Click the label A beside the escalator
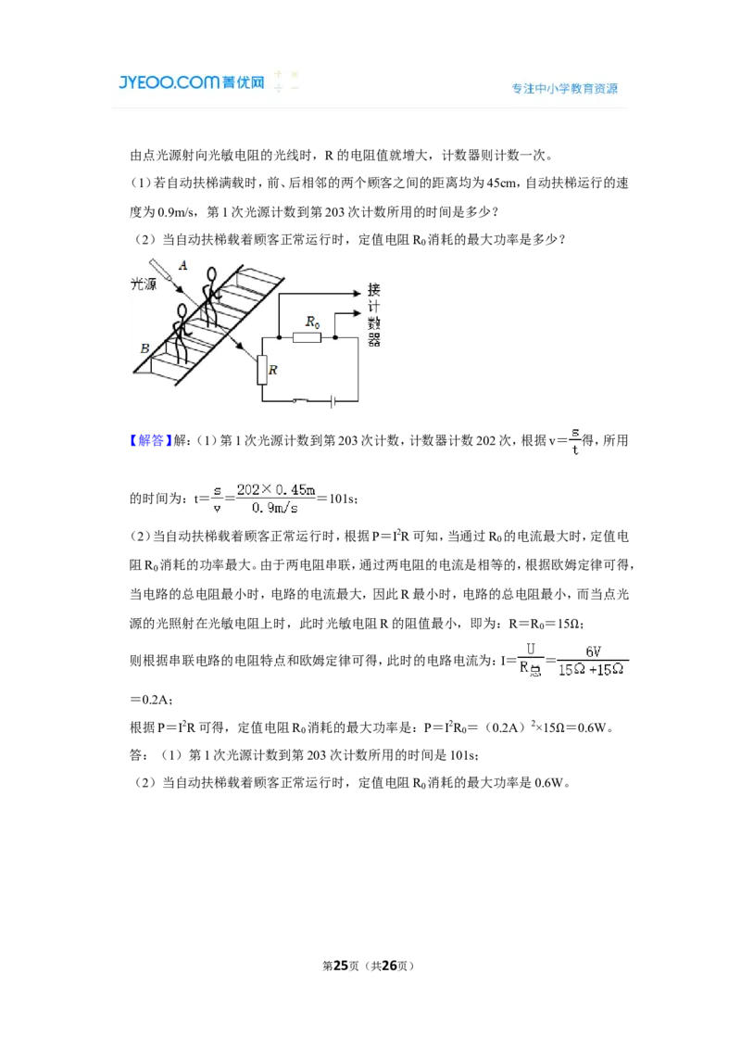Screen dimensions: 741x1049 click(183, 266)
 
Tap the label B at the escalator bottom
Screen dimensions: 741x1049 click(144, 348)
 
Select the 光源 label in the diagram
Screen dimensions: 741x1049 click(144, 284)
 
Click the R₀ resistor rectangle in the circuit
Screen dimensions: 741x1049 click(307, 338)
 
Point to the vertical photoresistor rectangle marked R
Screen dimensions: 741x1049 click(262, 370)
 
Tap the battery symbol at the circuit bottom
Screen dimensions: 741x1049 click(333, 401)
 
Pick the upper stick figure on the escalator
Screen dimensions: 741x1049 click(210, 297)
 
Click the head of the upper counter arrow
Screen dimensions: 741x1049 click(358, 293)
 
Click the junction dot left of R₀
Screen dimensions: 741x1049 click(279, 338)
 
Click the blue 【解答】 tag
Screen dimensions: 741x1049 click(150, 440)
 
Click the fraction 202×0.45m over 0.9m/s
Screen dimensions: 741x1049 click(275, 499)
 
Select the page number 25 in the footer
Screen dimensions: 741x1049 click(341, 966)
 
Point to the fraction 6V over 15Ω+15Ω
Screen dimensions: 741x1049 click(592, 661)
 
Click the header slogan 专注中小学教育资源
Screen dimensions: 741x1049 click(564, 88)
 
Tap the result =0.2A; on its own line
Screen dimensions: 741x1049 click(152, 700)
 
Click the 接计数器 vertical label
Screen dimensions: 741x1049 click(373, 314)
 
